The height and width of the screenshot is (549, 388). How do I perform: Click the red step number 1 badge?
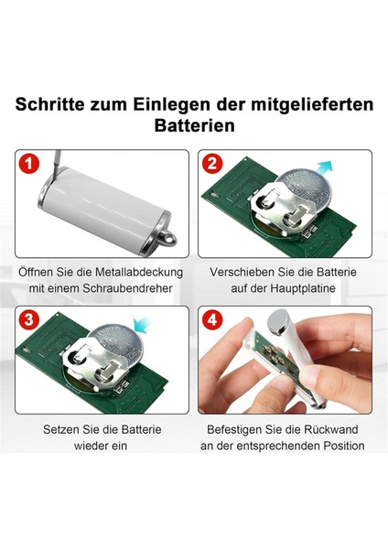(x=29, y=164)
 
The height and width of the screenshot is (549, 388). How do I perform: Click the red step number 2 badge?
(x=212, y=163)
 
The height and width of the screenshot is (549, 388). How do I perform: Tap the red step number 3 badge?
(x=29, y=319)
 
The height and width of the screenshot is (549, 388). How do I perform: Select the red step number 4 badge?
(x=212, y=319)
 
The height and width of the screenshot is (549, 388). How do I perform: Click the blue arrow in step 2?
(x=323, y=168)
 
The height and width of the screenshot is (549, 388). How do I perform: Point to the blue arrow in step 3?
(x=142, y=325)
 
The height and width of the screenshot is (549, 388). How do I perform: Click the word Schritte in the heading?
(x=49, y=104)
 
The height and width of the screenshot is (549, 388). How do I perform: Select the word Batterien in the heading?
(x=194, y=125)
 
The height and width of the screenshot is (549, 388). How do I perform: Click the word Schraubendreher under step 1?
(x=127, y=288)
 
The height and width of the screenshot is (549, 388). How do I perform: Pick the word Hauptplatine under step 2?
(x=303, y=288)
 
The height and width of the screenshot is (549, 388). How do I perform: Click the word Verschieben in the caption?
(x=242, y=272)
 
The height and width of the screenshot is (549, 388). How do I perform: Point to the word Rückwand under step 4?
(x=331, y=429)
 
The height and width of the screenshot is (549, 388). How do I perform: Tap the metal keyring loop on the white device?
(x=167, y=238)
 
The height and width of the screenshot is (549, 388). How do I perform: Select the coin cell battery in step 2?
(x=306, y=191)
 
